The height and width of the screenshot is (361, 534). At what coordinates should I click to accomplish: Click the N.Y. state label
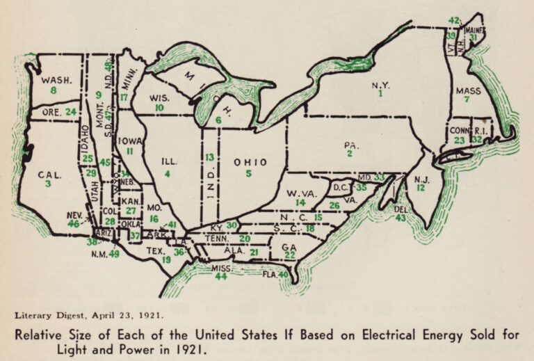(x=380, y=86)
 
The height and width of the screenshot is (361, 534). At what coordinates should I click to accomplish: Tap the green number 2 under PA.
(x=350, y=153)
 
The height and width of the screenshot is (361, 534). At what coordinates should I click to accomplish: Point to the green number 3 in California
(x=49, y=184)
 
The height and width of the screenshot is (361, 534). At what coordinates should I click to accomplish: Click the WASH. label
(x=53, y=81)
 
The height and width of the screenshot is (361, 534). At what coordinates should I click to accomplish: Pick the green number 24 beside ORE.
(x=70, y=111)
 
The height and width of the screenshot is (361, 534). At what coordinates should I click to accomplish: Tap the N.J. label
(x=420, y=178)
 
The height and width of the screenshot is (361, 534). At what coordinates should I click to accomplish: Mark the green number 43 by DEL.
(x=400, y=218)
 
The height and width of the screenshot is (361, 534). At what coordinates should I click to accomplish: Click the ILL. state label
(x=169, y=161)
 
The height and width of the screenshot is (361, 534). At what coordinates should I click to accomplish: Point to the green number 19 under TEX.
(x=166, y=259)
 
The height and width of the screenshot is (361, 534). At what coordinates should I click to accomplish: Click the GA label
(x=289, y=247)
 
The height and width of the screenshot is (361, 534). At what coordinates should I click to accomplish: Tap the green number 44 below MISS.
(x=221, y=276)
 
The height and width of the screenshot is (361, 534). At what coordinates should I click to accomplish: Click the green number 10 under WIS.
(x=159, y=108)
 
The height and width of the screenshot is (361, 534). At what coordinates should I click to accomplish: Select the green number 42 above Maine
(x=454, y=20)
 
